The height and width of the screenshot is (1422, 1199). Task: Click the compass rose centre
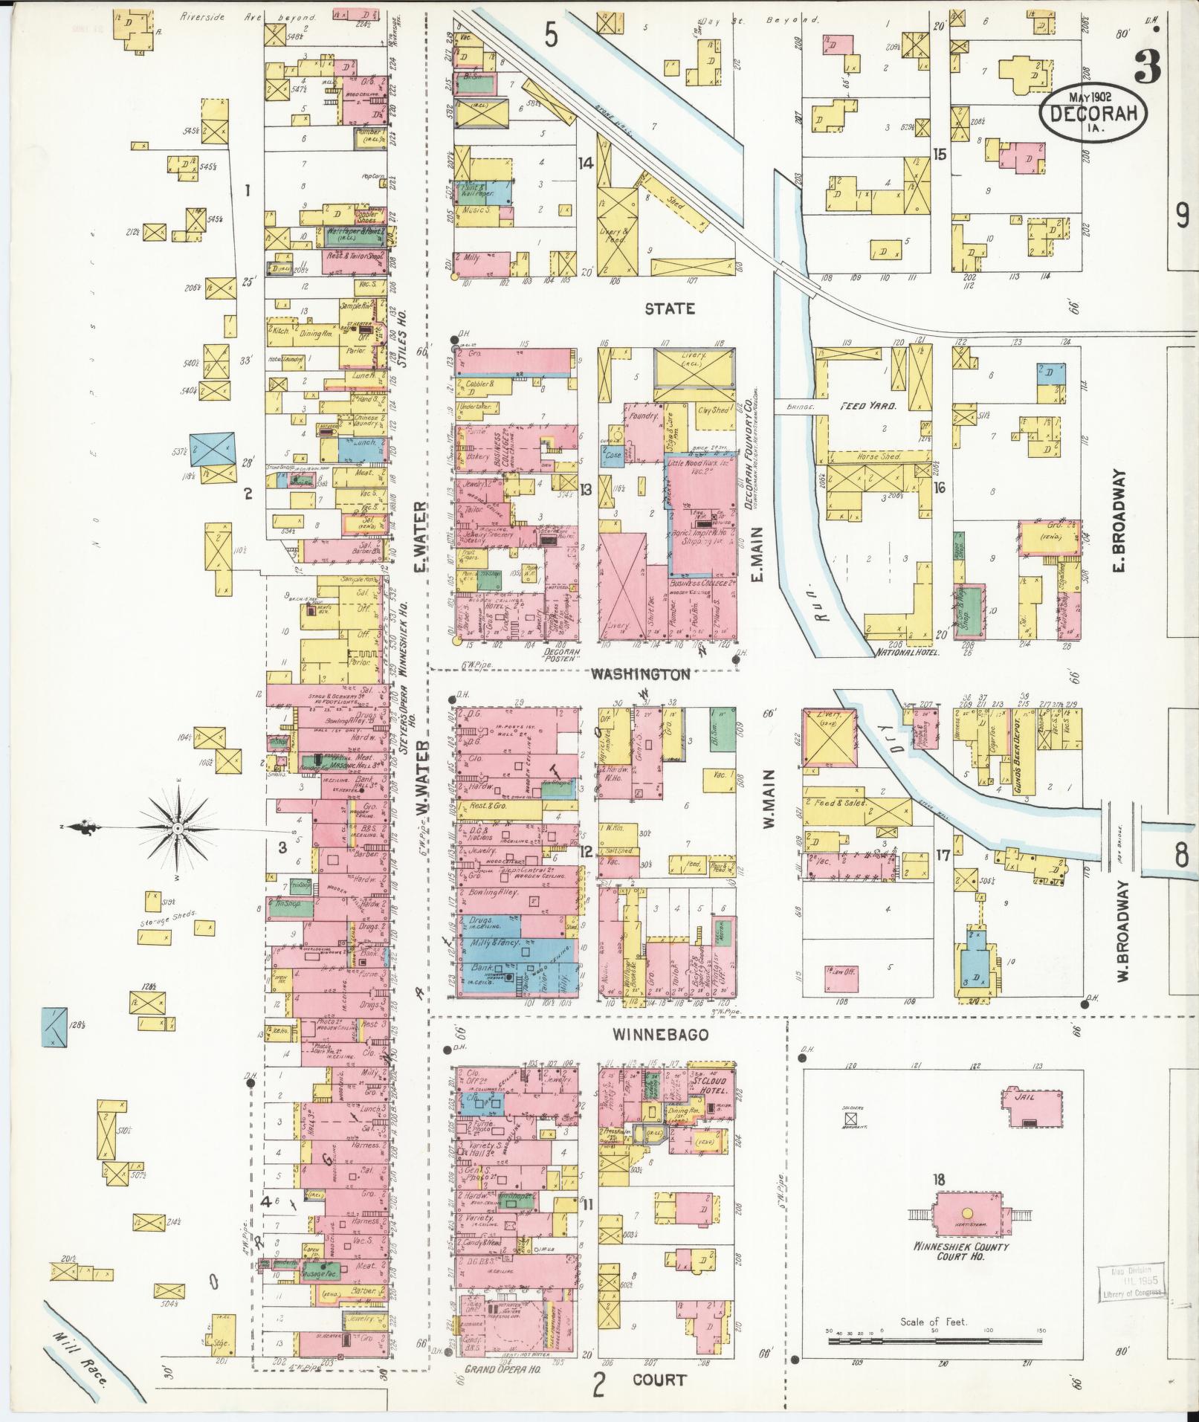(178, 827)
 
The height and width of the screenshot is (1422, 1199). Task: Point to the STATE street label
(669, 308)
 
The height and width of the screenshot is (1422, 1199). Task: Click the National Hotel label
(908, 652)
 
